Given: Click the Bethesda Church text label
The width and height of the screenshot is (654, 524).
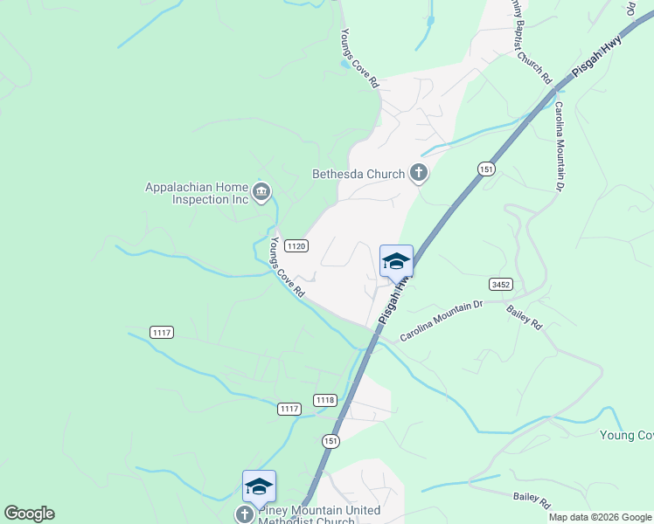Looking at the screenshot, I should (x=358, y=174).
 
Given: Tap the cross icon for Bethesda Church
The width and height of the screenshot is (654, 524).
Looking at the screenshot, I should (x=419, y=173).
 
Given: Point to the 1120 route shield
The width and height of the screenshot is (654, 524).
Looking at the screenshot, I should (x=296, y=246).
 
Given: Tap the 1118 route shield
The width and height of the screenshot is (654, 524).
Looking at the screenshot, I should (x=324, y=400).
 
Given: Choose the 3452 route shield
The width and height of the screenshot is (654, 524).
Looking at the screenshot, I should (x=500, y=284).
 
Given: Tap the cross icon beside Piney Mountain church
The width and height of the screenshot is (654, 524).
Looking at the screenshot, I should (x=245, y=515).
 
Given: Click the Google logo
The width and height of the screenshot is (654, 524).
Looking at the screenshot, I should (x=29, y=514).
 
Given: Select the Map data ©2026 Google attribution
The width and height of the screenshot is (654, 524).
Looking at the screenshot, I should (x=600, y=517).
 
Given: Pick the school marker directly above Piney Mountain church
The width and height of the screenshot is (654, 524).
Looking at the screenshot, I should (x=259, y=486).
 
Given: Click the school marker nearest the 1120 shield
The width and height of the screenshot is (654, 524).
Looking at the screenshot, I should (x=396, y=261).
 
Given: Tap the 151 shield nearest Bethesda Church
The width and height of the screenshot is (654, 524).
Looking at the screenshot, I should (x=487, y=168).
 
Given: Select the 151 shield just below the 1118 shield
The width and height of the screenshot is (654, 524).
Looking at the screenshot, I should (x=330, y=442).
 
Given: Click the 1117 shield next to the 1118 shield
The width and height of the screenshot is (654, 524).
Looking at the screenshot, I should (x=289, y=409).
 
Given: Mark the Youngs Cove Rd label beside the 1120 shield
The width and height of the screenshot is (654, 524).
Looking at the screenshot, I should (x=287, y=267).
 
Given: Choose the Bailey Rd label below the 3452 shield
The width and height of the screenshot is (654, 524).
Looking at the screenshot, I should (x=525, y=316).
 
